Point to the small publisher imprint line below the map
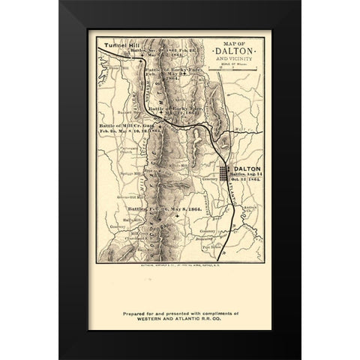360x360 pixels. coord(180,265)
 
